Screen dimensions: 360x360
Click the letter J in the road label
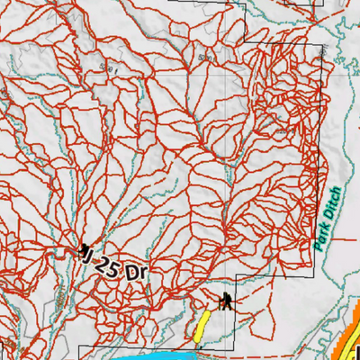pos(91,258)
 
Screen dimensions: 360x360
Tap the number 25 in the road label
pos(110,267)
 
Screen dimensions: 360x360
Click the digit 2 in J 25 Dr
pos(104,265)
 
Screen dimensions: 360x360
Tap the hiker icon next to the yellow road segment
pos(224,301)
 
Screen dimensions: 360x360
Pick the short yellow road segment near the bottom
pos(202,326)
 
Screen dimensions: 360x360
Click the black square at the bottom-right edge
pos(356,352)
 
